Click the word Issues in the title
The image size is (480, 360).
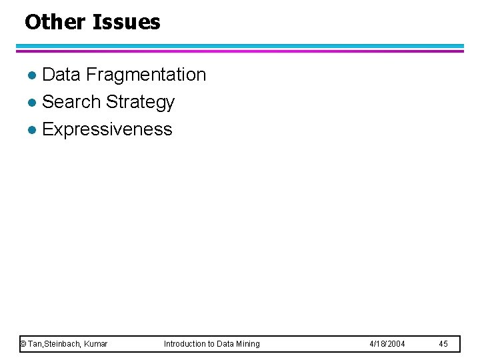tap(127, 22)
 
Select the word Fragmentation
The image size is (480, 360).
tap(146, 75)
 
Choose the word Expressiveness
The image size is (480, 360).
tap(107, 129)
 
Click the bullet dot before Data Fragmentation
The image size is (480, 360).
tap(35, 75)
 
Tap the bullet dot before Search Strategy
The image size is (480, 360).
tap(35, 103)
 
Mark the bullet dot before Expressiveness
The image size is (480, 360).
tap(35, 129)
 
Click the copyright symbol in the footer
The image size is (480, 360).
tap(23, 344)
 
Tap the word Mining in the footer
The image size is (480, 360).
tap(247, 344)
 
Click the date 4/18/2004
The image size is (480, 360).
tap(387, 344)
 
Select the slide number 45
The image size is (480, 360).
tap(443, 344)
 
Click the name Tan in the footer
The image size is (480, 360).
tap(35, 344)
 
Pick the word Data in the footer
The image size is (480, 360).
tap(226, 344)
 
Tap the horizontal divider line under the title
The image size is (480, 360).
tap(240, 48)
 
